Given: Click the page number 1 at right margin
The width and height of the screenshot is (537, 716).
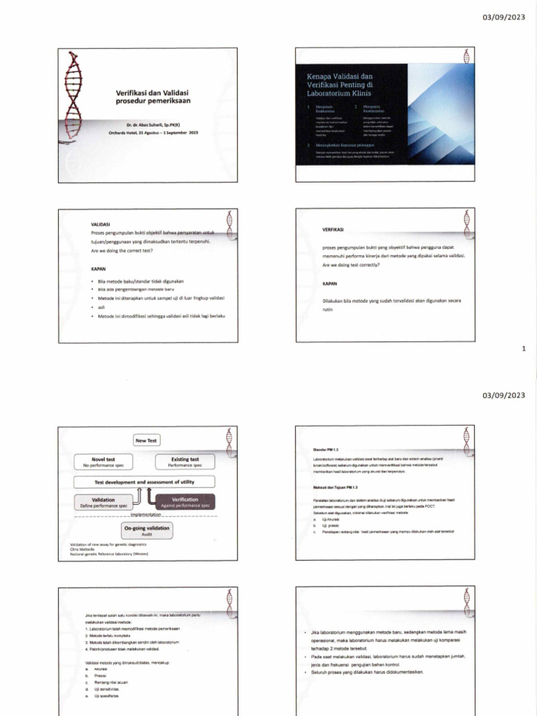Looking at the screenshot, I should (524, 350).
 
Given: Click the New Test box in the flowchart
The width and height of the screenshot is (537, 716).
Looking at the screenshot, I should (147, 440).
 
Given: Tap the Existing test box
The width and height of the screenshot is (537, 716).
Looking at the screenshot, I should (185, 461).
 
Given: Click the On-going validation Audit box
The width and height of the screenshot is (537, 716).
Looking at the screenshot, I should (146, 531).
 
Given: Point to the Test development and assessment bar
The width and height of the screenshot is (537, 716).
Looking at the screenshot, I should (145, 482).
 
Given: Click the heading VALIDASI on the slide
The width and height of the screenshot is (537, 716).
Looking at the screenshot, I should (101, 224).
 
